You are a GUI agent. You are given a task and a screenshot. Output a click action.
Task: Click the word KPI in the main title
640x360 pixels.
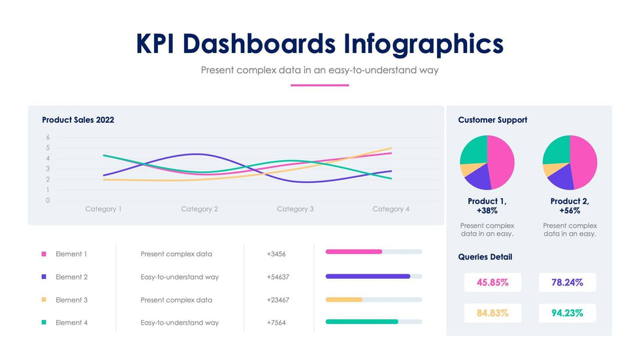[157, 44]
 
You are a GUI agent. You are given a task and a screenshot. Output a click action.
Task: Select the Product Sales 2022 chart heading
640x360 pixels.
[78, 120]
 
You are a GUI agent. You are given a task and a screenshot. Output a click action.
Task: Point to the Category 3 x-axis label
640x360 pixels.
[295, 209]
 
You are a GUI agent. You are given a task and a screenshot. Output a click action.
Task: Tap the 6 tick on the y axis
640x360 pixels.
[48, 137]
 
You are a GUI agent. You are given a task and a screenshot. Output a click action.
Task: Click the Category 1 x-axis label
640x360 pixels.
[103, 209]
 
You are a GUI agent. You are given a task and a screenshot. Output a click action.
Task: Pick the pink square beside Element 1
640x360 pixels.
[44, 254]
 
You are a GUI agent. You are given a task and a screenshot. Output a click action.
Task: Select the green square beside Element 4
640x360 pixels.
[44, 323]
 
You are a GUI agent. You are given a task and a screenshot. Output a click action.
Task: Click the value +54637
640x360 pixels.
[278, 277]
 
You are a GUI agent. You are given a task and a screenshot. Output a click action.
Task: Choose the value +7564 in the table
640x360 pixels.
[276, 323]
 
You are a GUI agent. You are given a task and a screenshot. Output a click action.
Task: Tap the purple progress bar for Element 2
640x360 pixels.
[368, 276]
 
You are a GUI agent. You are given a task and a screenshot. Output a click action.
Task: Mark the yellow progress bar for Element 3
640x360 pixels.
[344, 300]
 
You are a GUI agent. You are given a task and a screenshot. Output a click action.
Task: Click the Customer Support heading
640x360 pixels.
[492, 120]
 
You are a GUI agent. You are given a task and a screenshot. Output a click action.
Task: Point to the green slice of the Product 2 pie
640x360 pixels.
[556, 150]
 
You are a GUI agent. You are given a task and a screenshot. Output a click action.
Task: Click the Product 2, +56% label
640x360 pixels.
[569, 206]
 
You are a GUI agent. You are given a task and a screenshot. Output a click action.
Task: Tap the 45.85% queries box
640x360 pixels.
[493, 283]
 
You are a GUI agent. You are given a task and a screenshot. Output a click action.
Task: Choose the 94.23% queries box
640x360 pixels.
[567, 313]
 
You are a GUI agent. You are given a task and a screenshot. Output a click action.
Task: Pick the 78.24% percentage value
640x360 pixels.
[567, 283]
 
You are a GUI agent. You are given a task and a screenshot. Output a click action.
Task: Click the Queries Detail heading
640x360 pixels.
[485, 257]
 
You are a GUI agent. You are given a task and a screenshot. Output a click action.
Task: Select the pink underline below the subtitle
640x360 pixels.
[319, 85]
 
